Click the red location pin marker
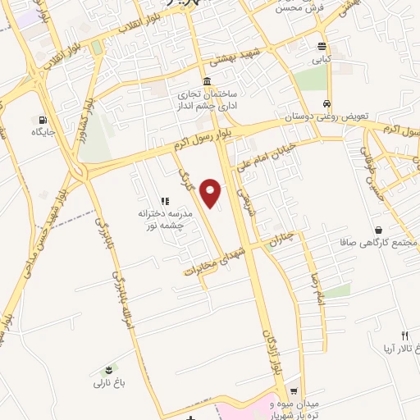(212, 193)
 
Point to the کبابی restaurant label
(321, 60)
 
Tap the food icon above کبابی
(322, 46)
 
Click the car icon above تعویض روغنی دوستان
(327, 104)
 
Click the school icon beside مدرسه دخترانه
(165, 200)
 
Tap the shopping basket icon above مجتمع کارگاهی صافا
(377, 231)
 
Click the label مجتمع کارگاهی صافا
(377, 244)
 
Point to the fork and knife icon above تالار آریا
(404, 335)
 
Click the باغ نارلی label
(107, 382)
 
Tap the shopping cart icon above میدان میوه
(294, 391)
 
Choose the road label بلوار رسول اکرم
(205, 136)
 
